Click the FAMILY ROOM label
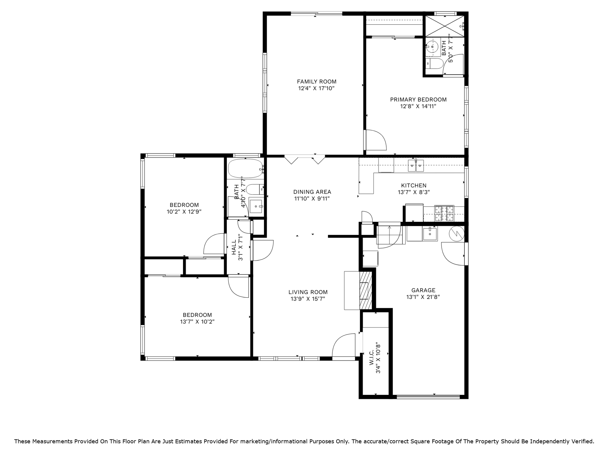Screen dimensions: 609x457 (x=317, y=82)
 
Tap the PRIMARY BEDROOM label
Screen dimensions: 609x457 (x=418, y=100)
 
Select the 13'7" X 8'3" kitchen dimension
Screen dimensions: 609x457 (x=414, y=192)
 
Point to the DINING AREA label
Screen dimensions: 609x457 (x=312, y=192)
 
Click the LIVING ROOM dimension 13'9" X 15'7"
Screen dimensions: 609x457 (x=308, y=299)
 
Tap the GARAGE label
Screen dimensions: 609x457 (x=423, y=290)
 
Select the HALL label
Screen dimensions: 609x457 (x=234, y=247)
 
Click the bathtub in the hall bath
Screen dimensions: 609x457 (x=245, y=169)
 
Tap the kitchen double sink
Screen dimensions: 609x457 (x=416, y=166)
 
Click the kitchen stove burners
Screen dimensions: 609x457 (x=444, y=213)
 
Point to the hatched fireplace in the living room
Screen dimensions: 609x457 (x=365, y=290)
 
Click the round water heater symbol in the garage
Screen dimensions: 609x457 (x=456, y=234)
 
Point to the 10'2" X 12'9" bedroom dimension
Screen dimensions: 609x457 (x=184, y=212)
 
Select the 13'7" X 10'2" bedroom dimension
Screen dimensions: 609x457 (x=197, y=321)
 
